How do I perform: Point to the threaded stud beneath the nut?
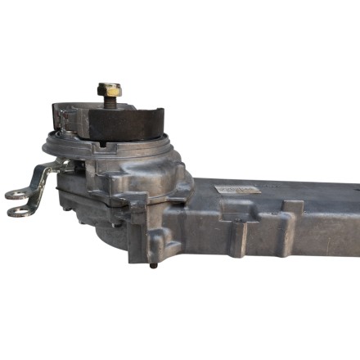tap(109, 103)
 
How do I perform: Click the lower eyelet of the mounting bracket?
tap(17, 212)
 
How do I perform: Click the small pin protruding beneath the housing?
tap(153, 265)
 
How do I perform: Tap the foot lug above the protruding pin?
tap(155, 246)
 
